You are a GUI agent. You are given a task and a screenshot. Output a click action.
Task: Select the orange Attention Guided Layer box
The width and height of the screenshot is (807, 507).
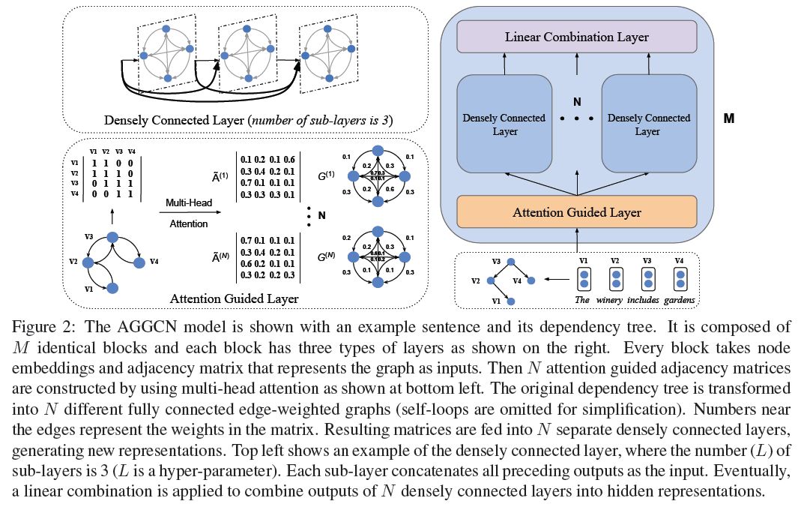[576, 212]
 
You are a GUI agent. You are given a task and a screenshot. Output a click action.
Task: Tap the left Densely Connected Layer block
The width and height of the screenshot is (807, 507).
[503, 124]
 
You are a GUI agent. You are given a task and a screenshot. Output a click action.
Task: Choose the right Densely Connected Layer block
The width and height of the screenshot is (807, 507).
[649, 124]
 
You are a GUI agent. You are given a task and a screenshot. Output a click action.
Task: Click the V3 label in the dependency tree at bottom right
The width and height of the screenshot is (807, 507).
[496, 261]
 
